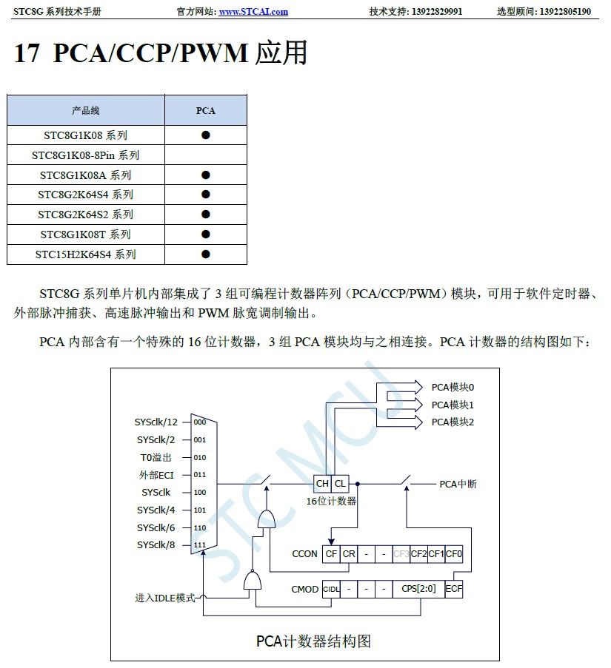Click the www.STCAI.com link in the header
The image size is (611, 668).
coord(253,12)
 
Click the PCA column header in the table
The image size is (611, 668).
coord(205,110)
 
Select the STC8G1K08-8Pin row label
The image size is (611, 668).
coord(85,155)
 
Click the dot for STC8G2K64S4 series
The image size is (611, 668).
coord(206,195)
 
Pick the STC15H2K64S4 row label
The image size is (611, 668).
coord(85,254)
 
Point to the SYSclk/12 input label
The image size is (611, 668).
coord(156,422)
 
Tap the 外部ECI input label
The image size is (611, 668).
coord(156,475)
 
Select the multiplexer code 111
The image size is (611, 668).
coord(200,545)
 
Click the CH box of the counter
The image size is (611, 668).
coord(322,484)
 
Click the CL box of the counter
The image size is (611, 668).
coord(340,484)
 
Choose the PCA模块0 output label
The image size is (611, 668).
coord(453,387)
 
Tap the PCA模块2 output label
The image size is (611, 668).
coord(453,422)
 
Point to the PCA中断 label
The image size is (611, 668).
coord(458,485)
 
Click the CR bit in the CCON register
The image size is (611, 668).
coord(349,553)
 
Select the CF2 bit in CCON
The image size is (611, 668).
coord(419,553)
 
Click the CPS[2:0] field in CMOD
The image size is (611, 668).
coord(419,590)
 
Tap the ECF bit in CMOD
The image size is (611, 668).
coord(454,590)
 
